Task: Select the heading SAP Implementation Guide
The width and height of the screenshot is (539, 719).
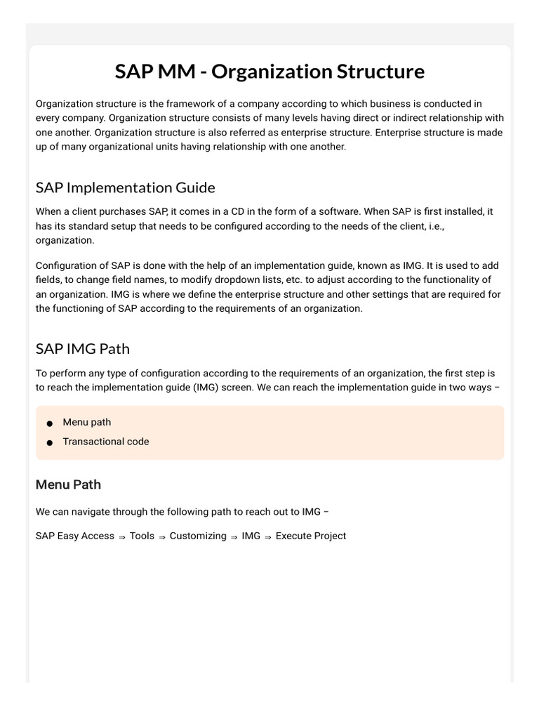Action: coord(125,187)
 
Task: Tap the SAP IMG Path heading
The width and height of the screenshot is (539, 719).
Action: coord(82,349)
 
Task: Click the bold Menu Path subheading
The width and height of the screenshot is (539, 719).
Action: coord(68,484)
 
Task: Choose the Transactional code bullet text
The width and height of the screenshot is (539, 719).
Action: coord(105,442)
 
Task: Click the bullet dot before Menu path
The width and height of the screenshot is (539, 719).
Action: coord(49,423)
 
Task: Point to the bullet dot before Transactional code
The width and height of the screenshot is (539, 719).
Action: coord(49,443)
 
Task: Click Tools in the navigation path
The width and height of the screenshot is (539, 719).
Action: coord(142,536)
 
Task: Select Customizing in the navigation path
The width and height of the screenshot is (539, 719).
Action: coord(198,536)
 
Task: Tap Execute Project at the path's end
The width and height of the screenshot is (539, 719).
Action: coord(310,536)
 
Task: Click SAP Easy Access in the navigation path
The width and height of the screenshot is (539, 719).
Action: coord(74,536)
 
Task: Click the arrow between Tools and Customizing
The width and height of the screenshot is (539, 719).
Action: coord(162,536)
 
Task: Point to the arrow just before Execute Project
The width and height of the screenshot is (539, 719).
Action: coord(267,536)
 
